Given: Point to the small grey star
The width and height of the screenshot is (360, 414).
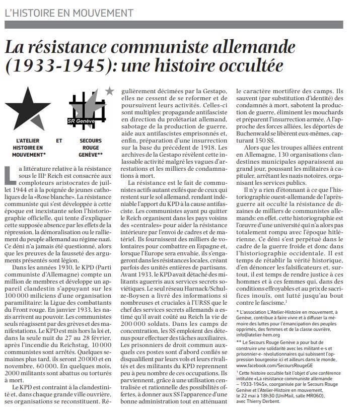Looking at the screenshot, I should click(x=109, y=91).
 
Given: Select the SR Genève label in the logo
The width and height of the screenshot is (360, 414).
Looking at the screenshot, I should click(x=81, y=121).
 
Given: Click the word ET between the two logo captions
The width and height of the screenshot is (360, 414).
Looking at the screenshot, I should click(x=59, y=141).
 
